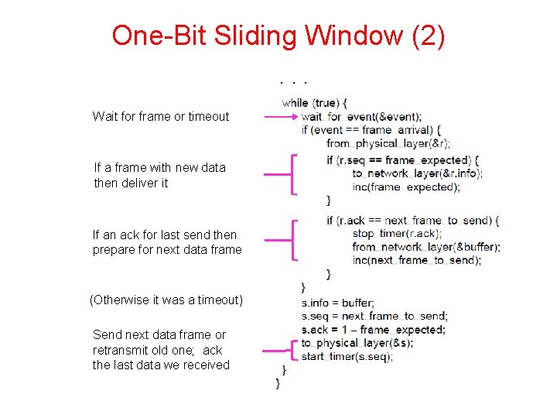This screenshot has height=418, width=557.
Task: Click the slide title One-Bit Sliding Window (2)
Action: (278, 36)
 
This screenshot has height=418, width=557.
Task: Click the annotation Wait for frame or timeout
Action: (161, 117)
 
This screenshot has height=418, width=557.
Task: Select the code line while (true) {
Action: (315, 102)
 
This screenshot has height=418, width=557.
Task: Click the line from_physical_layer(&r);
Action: (388, 143)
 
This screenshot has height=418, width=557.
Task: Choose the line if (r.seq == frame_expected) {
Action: (403, 160)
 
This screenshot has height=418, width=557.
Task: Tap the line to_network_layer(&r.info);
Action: (417, 173)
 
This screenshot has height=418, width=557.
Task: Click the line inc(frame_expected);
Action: (401, 187)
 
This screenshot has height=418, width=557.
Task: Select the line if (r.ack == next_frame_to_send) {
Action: (412, 221)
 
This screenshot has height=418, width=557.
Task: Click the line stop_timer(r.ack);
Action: (395, 233)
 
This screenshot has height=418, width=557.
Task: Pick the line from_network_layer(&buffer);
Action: (425, 247)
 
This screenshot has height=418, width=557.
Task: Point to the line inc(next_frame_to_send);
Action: (416, 260)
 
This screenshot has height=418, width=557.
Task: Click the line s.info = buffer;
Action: (338, 303)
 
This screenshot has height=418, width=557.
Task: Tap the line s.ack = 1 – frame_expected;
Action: (373, 330)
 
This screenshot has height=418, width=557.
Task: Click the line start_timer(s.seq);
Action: (347, 357)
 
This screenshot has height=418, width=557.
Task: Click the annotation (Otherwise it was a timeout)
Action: (166, 300)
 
